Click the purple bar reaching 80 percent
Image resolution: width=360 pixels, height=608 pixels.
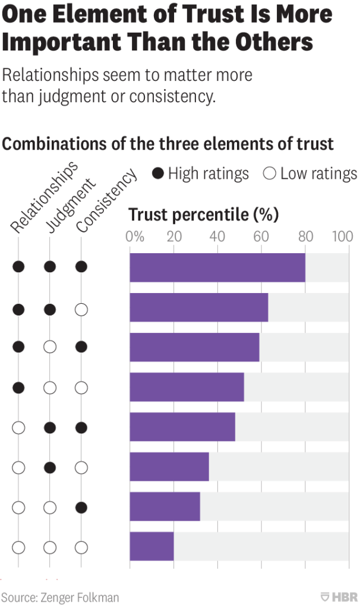[x=217, y=267]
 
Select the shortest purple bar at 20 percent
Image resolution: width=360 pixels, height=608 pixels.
[x=151, y=546]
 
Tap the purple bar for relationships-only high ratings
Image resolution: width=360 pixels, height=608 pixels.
[x=187, y=387]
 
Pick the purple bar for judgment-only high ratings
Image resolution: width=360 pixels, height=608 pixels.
[x=169, y=467]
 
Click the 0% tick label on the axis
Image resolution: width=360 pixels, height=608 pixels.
[x=135, y=237]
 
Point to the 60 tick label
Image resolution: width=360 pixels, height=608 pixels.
[x=261, y=237]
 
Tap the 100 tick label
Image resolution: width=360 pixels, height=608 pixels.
[x=343, y=237]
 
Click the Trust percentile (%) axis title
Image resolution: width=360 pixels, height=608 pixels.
[x=204, y=214]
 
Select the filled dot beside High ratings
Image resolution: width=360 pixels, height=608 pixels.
[x=158, y=174]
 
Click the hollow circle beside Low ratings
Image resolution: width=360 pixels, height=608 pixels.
[x=270, y=174]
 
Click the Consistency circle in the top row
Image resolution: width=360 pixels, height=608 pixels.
[x=81, y=267]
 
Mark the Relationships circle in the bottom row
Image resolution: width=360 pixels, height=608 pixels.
[x=19, y=547]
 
